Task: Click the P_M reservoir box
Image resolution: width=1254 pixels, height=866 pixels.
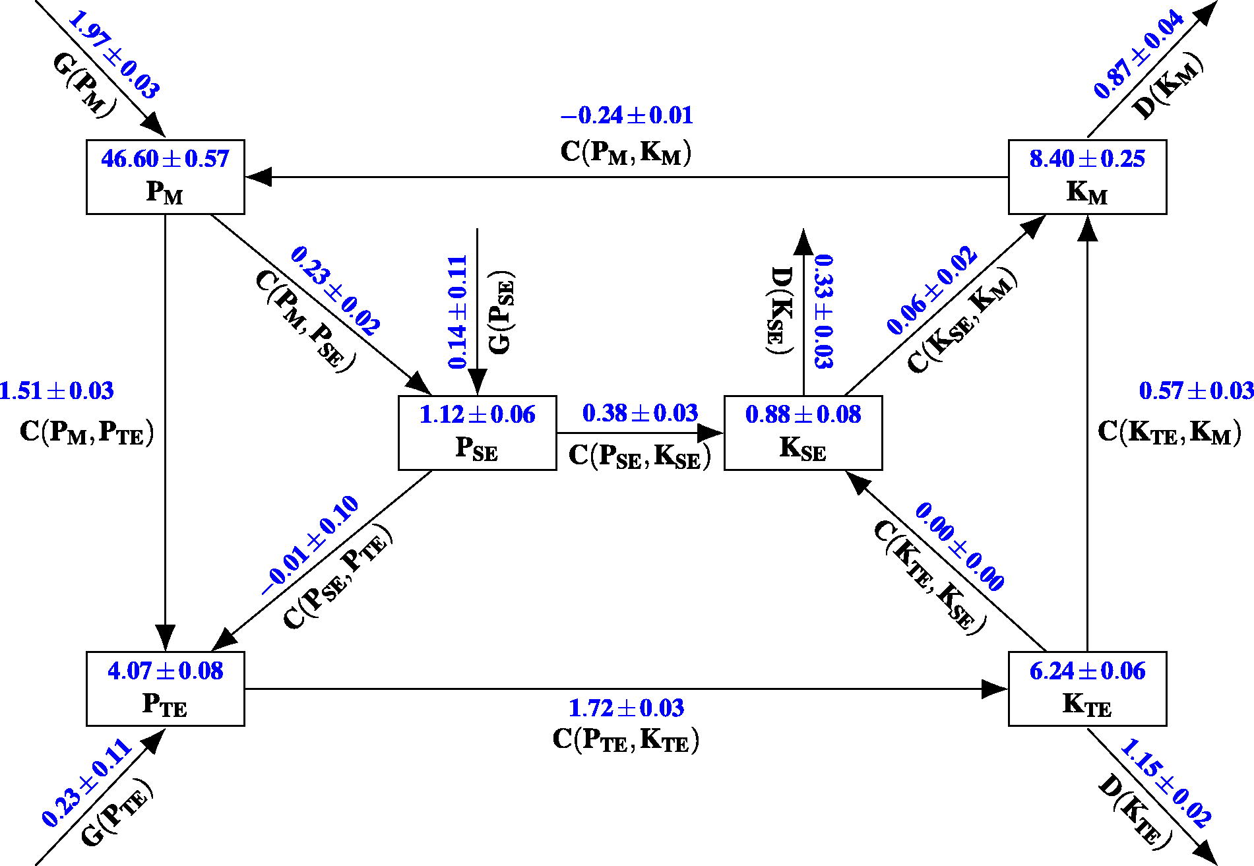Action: [x=165, y=177]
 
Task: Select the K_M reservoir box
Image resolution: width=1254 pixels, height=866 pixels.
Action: [x=1087, y=177]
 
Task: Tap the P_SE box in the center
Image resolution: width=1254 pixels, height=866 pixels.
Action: [x=477, y=433]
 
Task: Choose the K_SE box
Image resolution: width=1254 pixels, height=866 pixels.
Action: [x=803, y=433]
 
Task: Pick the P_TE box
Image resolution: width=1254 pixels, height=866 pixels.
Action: [x=165, y=689]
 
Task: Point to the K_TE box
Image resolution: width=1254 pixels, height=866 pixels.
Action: [x=1087, y=689]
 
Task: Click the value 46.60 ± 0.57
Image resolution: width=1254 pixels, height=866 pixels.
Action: [x=165, y=159]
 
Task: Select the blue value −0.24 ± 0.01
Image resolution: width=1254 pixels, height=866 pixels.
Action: [x=627, y=115]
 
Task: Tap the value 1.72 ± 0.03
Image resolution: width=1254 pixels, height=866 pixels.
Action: [x=626, y=708]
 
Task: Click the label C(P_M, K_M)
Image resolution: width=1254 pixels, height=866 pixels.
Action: [x=626, y=152]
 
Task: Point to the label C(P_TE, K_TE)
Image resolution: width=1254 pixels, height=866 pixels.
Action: [x=626, y=739]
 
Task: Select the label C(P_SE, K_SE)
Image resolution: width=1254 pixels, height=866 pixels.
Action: [x=640, y=456]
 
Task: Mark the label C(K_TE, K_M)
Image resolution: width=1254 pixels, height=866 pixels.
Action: [x=1170, y=432]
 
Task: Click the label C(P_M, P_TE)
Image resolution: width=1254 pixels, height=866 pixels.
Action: [x=86, y=433]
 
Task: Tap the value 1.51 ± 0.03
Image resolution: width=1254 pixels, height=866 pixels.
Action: [x=57, y=391]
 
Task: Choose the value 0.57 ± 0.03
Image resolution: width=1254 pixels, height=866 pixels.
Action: [x=1197, y=391]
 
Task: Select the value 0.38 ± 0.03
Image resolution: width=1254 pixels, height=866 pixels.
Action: [x=640, y=414]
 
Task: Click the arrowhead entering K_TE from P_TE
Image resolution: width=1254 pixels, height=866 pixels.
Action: [x=995, y=689]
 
